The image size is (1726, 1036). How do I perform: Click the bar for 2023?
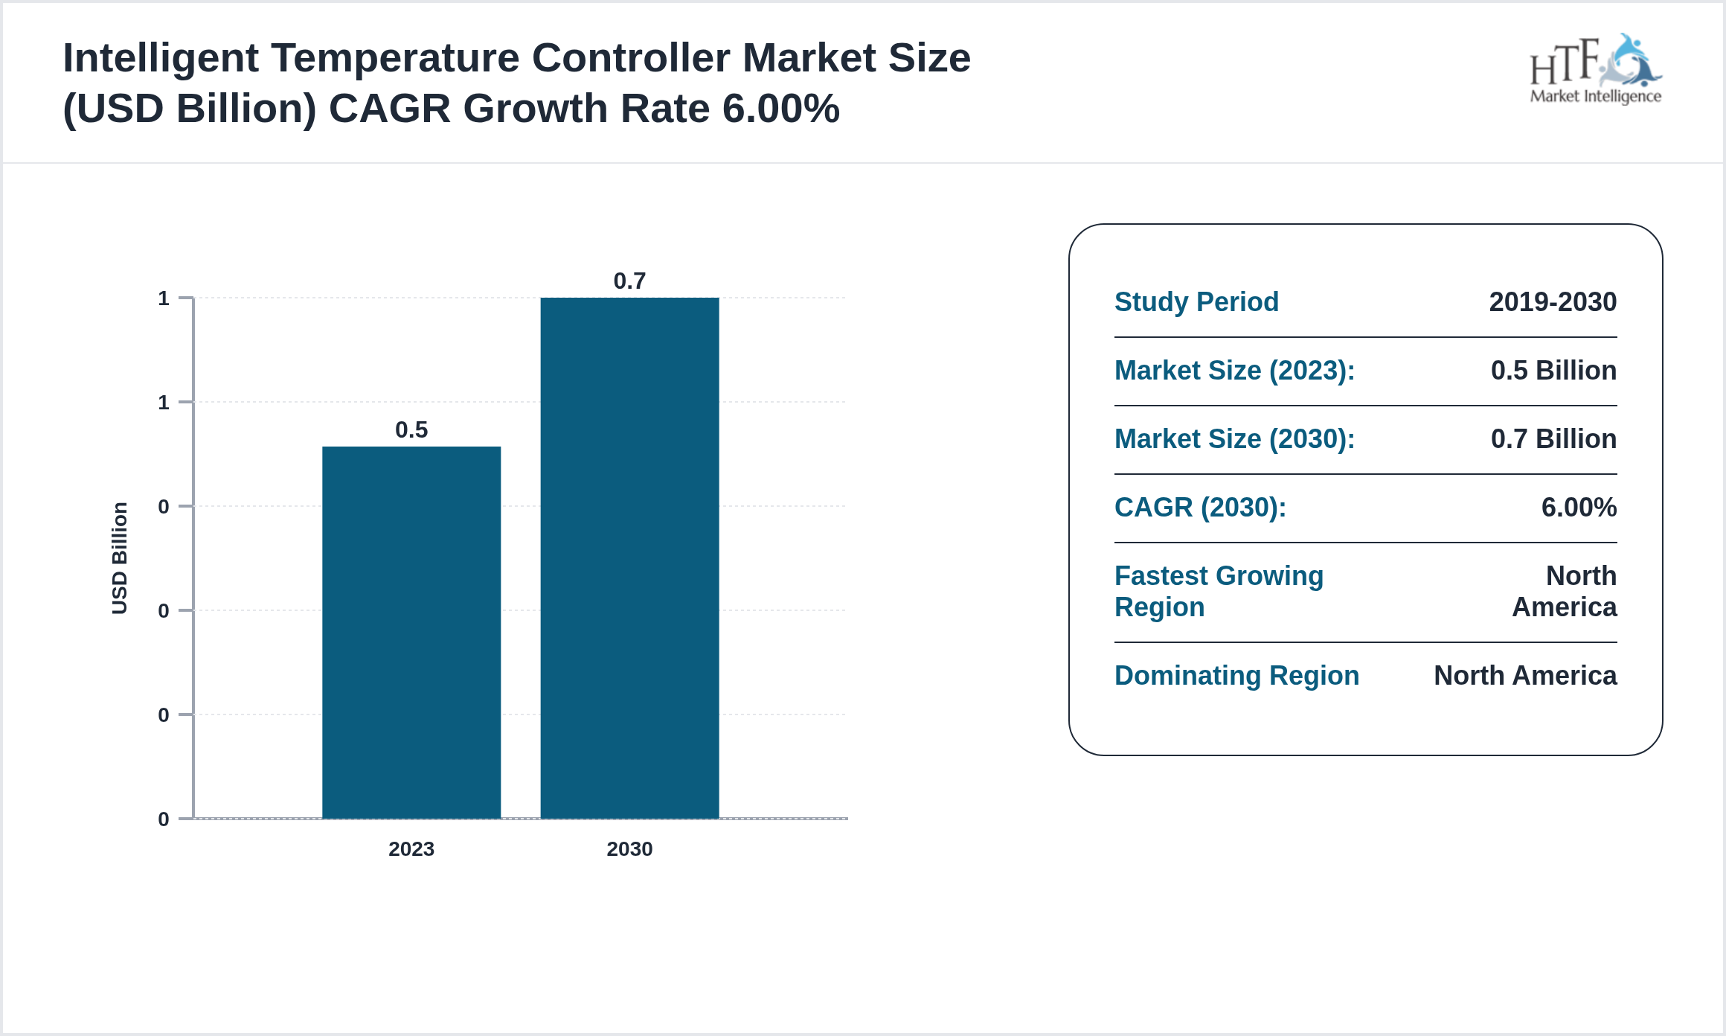411,633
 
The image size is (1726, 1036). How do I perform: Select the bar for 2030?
629,558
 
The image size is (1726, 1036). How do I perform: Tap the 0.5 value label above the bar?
411,429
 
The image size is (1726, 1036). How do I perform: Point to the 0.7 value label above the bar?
629,281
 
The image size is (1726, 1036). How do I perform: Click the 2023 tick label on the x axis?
411,848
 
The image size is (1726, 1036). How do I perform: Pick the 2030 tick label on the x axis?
629,848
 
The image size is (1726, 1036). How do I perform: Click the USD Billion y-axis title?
119,558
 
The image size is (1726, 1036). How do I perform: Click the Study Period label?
1196,301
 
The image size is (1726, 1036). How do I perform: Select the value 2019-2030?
1553,301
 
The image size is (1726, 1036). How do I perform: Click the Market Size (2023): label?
1234,370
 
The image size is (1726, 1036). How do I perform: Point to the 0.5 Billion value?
1553,370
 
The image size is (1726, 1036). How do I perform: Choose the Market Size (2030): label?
1234,438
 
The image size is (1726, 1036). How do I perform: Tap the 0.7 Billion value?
1553,438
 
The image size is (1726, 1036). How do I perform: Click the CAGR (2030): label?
1200,507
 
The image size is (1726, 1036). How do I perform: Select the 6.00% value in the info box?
1579,507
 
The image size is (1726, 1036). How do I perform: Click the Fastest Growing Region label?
1219,591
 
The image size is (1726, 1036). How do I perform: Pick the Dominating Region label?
1236,675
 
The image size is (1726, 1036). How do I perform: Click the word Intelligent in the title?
161,58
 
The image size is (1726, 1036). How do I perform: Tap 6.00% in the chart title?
781,109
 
